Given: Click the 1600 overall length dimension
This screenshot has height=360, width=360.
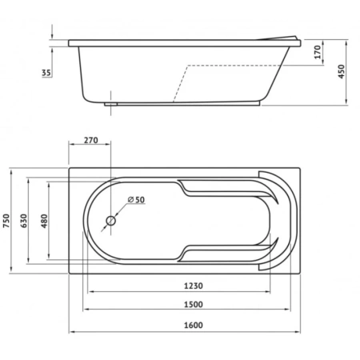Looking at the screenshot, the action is point(194,326).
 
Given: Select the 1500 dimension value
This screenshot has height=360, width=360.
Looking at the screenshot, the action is point(194,304).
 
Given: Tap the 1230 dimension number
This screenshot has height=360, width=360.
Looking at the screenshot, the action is point(194,286).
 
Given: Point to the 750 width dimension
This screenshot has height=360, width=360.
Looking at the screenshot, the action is point(6,221).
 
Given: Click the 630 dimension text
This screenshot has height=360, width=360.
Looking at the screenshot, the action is point(24,221).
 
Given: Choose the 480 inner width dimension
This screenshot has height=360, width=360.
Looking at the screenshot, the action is point(44,221).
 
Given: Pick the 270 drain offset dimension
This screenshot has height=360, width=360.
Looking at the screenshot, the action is point(91,140).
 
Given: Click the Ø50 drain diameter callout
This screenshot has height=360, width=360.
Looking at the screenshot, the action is point(136,199).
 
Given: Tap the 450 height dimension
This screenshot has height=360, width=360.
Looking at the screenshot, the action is point(342,71).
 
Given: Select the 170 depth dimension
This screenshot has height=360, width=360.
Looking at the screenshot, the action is point(318,52).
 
